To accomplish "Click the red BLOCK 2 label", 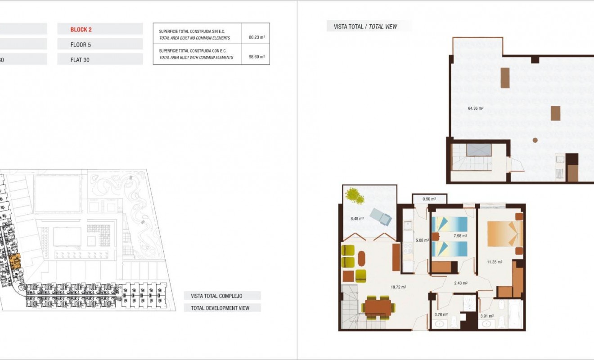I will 81,30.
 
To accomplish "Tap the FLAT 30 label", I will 80,60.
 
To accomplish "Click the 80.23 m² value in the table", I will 256,38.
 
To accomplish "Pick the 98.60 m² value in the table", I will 256,57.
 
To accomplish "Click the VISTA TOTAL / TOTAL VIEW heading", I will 365,27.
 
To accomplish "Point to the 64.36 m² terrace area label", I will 476,108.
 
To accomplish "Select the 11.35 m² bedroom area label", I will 495,261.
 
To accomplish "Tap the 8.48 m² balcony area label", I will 357,219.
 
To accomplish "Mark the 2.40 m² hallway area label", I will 461,283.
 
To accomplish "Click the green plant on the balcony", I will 355,196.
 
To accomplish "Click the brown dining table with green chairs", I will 378,307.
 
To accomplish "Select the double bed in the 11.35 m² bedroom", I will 504,233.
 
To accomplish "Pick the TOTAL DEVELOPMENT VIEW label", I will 222,308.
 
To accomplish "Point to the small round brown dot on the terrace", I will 535,140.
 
